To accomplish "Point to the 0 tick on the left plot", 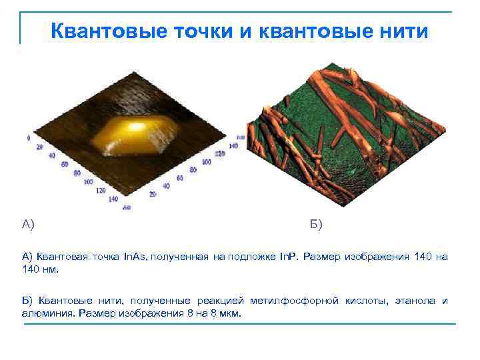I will [29, 138].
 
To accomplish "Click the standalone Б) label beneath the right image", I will [316, 224].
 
